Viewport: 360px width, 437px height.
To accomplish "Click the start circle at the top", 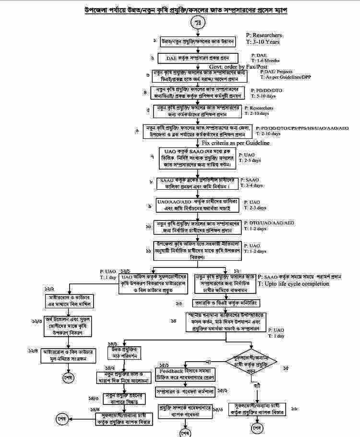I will [x=198, y=22].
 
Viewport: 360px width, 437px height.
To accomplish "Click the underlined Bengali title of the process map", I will [x=179, y=10].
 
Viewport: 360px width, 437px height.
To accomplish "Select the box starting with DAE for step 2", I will [x=198, y=59].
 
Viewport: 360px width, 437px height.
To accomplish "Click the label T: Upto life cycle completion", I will [x=294, y=284].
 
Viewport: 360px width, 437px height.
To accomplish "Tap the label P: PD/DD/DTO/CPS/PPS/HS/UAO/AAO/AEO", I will [x=302, y=129].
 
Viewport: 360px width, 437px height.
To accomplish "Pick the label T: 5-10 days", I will [x=259, y=95].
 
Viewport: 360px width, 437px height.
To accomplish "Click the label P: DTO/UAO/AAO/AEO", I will [x=269, y=223].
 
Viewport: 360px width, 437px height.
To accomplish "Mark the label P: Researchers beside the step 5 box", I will [x=259, y=109].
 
